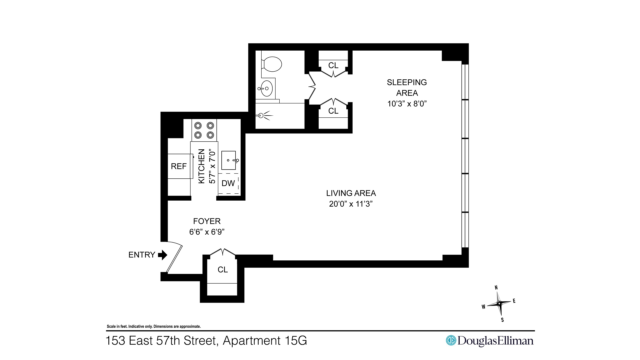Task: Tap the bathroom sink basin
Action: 267,88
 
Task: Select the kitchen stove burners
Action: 204,130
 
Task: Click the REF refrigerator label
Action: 179,166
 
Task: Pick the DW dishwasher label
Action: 228,183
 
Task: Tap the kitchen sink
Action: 229,160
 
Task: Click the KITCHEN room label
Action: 201,166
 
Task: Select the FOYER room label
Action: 207,221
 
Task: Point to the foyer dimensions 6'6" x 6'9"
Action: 207,232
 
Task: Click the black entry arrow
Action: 163,255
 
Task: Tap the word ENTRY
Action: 142,255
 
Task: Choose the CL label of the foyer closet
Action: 223,269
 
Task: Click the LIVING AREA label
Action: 351,193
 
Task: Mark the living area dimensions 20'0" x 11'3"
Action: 351,204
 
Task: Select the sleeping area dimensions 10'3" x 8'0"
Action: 407,103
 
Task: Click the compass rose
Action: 499,303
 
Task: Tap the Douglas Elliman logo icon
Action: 451,340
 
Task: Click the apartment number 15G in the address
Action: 296,341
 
